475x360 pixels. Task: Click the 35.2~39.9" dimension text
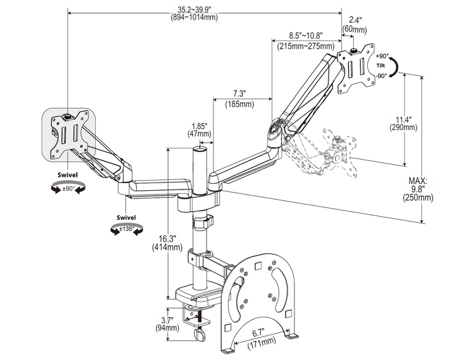click(x=203, y=8)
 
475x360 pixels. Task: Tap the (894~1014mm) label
click(x=203, y=17)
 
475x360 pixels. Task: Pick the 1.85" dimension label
click(x=199, y=125)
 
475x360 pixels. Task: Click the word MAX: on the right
click(x=418, y=179)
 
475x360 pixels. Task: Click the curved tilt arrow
click(x=395, y=66)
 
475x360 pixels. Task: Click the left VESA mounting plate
click(x=69, y=134)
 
